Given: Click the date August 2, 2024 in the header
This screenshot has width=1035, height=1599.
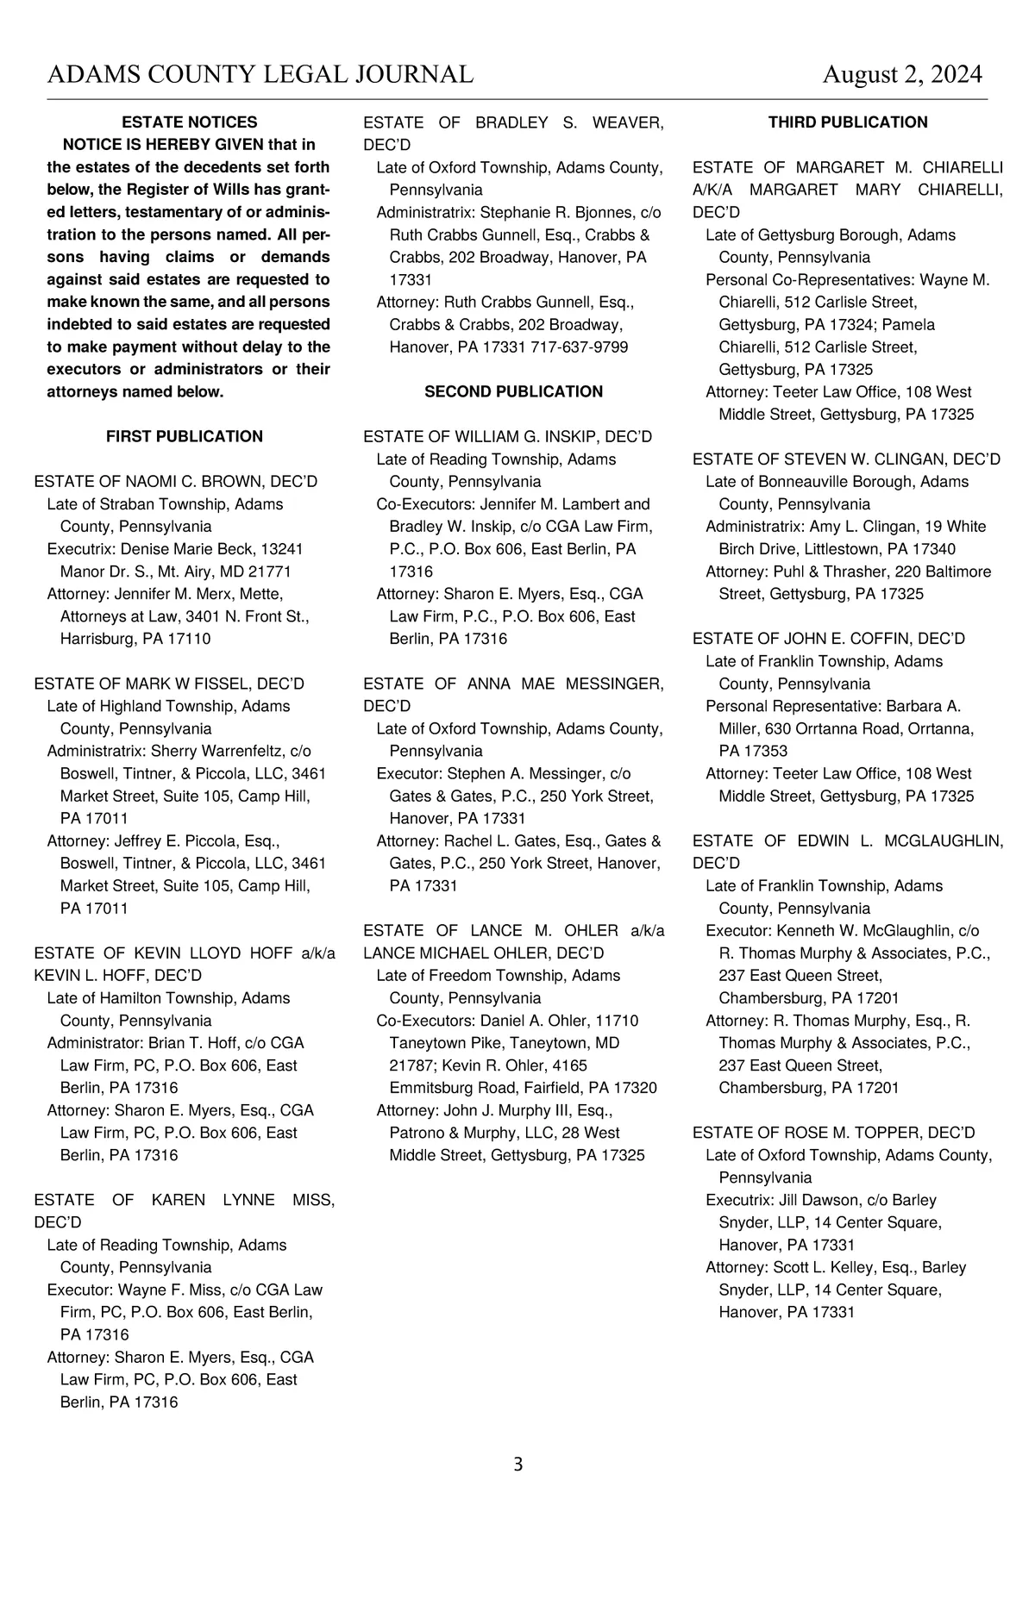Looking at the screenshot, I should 901,75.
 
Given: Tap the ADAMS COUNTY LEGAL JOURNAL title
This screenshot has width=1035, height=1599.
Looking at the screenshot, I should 260,75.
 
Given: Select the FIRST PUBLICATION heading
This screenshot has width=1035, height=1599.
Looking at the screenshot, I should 185,436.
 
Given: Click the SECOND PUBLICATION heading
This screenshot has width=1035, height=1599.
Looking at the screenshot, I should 513,391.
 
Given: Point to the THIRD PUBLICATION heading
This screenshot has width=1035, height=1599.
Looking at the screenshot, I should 848,122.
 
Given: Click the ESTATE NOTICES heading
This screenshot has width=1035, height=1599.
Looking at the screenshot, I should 190,122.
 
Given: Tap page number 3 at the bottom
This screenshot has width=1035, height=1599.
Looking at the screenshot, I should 517,1464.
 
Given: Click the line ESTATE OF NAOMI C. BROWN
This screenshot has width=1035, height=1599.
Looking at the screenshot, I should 176,481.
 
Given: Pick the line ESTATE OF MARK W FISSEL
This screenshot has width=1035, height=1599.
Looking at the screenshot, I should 169,684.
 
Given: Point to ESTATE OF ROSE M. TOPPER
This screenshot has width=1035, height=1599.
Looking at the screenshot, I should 833,1133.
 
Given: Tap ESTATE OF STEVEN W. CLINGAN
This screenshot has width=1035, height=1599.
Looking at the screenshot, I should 846,459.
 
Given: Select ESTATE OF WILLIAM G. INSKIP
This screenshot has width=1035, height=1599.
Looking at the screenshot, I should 507,436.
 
